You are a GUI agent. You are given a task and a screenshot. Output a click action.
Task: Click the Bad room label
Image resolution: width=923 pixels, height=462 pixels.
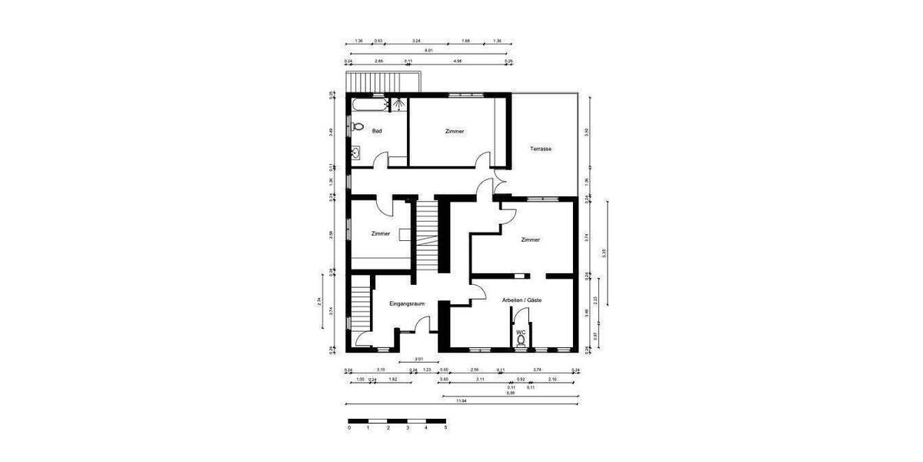coord(377,131)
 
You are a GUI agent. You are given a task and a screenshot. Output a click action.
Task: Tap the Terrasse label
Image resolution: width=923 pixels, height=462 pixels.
coord(541,149)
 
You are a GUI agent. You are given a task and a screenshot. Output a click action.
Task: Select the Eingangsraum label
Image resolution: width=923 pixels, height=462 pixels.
coord(407,304)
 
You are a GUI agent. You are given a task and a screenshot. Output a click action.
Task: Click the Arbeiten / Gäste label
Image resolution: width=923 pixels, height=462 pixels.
coord(522,300)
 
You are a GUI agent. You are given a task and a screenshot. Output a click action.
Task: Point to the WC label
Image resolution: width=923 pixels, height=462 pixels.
coord(521,332)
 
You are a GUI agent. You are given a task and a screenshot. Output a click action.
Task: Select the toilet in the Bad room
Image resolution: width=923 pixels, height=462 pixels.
coord(357,127)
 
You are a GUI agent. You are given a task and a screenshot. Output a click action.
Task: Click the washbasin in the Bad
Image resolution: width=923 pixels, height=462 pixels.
coord(357,153)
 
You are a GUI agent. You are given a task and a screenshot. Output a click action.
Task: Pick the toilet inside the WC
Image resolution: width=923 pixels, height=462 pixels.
coord(521,340)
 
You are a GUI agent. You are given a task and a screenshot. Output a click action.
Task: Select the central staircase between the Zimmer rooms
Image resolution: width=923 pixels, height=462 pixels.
coord(427,235)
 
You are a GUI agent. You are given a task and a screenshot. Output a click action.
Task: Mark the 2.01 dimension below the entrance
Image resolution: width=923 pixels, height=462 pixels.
coord(418,359)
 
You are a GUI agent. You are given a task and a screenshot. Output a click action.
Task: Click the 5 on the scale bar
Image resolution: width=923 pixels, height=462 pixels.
coord(445,427)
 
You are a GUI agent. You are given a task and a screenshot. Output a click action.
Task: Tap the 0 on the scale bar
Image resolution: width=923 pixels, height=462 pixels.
coord(349,427)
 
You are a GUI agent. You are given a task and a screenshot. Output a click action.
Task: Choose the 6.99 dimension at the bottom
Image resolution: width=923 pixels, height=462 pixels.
coord(510,393)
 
